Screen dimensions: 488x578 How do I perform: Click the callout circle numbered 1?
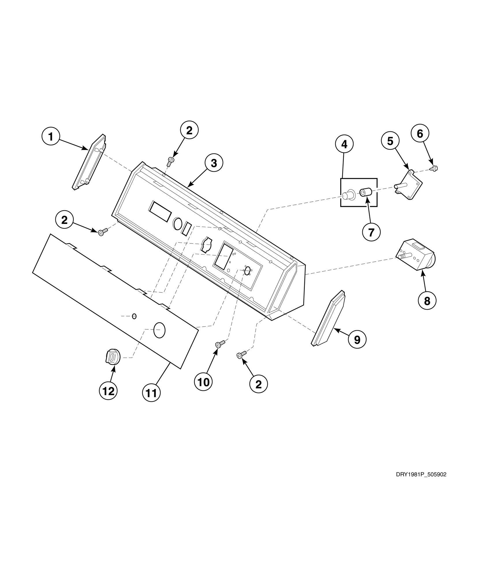(51, 136)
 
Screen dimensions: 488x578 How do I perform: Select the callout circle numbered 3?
(213, 163)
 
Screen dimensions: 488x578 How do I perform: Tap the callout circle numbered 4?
(344, 144)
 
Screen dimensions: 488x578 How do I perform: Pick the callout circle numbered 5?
(390, 141)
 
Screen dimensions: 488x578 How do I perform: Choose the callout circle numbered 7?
(371, 232)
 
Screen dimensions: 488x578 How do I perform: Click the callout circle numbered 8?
(427, 301)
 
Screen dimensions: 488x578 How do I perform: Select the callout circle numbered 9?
(357, 340)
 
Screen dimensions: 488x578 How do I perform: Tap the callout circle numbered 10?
(203, 382)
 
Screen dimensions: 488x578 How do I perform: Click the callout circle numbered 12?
(108, 391)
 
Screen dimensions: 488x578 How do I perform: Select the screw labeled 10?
(220, 344)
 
